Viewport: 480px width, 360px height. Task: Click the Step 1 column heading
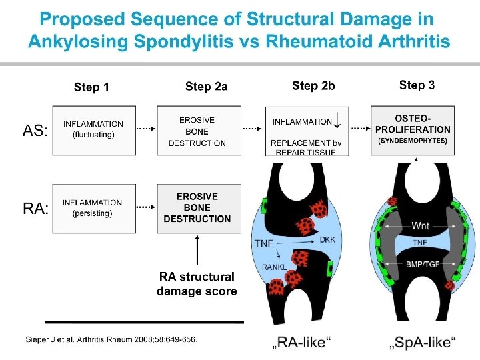[91, 87]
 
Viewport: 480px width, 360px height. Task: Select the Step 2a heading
[206, 86]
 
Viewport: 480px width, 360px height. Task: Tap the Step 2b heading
[313, 86]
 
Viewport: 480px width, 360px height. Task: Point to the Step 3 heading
[417, 85]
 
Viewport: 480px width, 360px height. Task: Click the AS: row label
[35, 131]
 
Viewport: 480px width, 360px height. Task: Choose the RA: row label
[36, 209]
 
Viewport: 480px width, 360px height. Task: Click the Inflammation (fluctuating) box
[93, 129]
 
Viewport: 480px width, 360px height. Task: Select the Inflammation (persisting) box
[93, 208]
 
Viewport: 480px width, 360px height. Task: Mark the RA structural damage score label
[197, 283]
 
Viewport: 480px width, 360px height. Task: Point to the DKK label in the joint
[327, 239]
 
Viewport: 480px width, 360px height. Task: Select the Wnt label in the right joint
[421, 226]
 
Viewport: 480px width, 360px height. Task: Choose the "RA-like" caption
[304, 343]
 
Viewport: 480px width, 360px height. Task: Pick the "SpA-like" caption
[423, 343]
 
